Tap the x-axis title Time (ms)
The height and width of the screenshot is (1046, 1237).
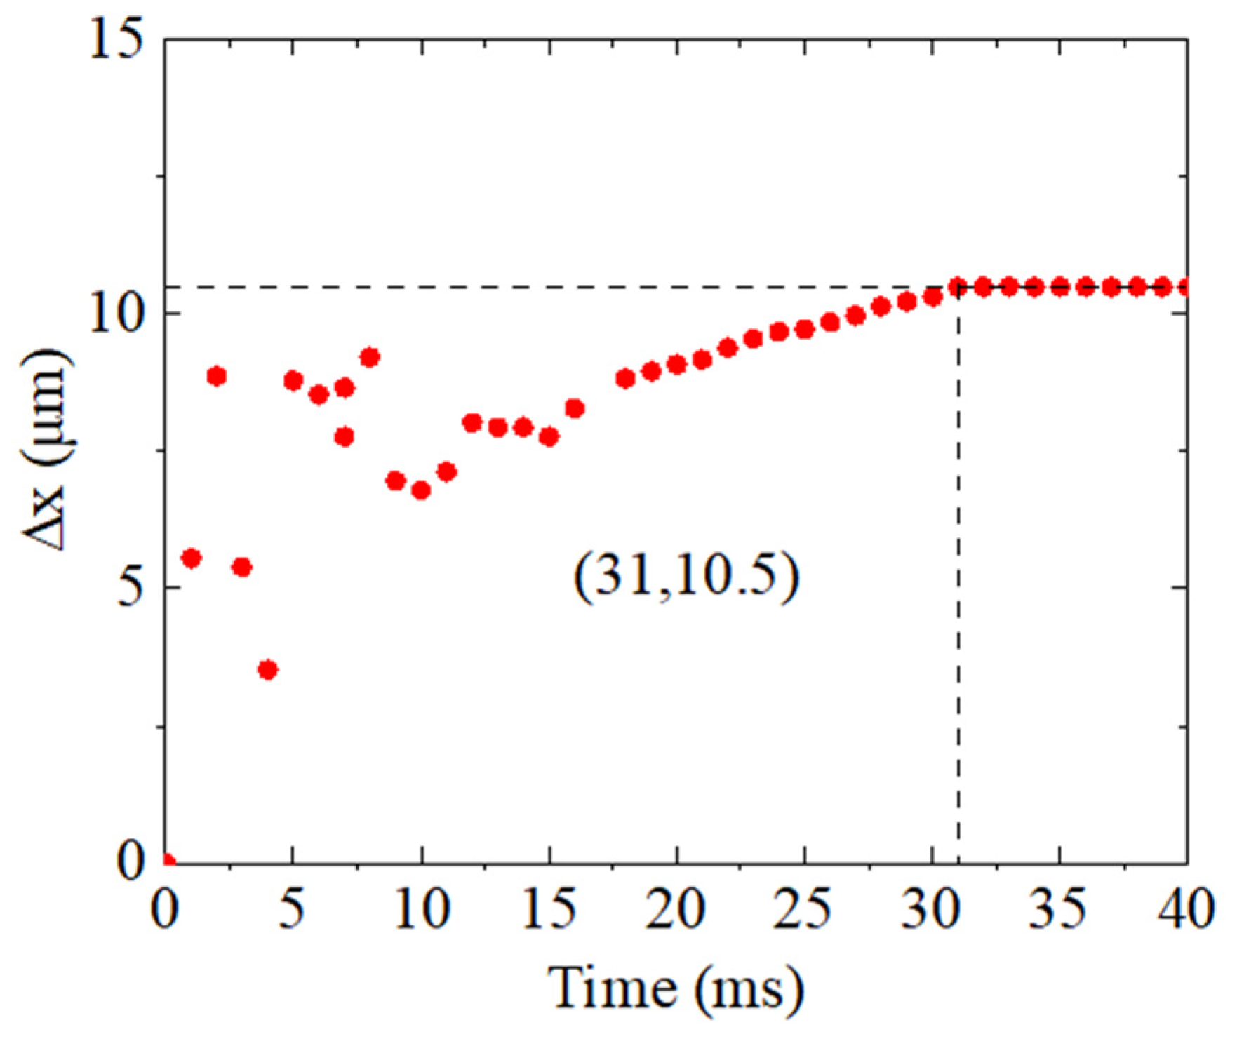click(676, 988)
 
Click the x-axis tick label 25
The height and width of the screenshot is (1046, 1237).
click(804, 910)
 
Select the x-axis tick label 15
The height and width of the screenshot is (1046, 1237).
click(549, 910)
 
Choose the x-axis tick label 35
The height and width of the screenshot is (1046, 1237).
click(1059, 910)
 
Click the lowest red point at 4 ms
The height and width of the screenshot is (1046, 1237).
click(267, 670)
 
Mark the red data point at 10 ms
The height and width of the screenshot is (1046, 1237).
click(421, 490)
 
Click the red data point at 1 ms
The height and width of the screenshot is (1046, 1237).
click(192, 558)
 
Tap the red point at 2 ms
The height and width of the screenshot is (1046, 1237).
click(217, 377)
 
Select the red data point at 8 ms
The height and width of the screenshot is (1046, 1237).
click(370, 358)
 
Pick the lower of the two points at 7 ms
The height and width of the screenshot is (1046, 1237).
click(344, 437)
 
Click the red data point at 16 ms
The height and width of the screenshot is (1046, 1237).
click(575, 408)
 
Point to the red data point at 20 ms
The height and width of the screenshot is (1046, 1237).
click(676, 365)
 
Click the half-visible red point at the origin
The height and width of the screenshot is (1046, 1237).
click(168, 860)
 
